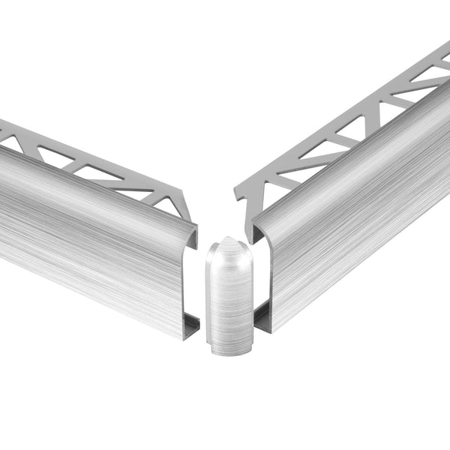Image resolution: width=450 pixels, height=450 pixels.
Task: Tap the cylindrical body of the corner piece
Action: click(229, 300)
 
